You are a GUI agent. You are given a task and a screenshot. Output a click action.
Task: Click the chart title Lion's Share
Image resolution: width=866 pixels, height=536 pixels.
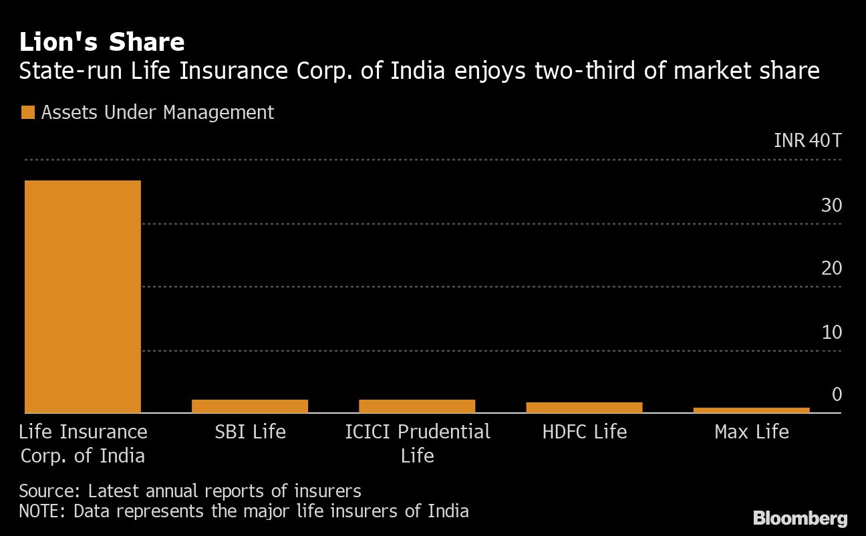coord(102,42)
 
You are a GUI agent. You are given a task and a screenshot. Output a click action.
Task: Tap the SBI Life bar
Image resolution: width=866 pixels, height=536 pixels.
coord(250,406)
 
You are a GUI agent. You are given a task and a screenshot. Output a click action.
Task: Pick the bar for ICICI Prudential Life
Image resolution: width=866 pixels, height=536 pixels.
coord(417,406)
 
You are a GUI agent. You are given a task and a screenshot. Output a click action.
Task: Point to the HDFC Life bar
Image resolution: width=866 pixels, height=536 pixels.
coord(584,407)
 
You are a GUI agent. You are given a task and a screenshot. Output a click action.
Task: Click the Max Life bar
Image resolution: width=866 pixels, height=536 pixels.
coord(751,410)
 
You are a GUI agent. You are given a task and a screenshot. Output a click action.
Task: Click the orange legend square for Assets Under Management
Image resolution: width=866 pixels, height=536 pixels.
coord(27,112)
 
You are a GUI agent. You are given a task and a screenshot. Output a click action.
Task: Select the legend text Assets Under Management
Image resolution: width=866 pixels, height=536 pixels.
coord(157,112)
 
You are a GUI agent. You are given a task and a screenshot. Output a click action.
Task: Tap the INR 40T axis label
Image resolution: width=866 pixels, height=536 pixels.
coord(807,141)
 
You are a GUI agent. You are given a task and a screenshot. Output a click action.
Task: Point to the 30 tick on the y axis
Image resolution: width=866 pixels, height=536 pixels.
coord(831,205)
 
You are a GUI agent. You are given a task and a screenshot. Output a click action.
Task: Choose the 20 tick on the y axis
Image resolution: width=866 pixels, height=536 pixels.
coord(831,268)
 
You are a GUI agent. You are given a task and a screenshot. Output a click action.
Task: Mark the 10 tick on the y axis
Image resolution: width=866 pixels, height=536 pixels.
coord(831,331)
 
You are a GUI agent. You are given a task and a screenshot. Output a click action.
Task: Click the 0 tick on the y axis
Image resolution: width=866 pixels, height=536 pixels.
coord(837,394)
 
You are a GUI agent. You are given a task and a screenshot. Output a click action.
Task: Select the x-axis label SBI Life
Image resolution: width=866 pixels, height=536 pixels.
coord(250,432)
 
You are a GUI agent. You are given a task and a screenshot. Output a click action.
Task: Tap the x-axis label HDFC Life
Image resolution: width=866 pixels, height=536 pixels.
coord(584,432)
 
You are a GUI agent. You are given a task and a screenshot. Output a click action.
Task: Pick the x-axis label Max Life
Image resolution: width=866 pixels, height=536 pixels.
coord(751,432)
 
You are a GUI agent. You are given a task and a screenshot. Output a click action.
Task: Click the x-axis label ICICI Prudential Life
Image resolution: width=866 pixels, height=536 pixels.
coord(417,444)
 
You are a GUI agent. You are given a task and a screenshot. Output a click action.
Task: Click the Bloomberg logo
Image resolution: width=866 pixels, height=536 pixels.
coord(800,518)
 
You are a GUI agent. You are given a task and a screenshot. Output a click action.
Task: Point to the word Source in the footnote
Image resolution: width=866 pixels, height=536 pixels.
coord(49,491)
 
